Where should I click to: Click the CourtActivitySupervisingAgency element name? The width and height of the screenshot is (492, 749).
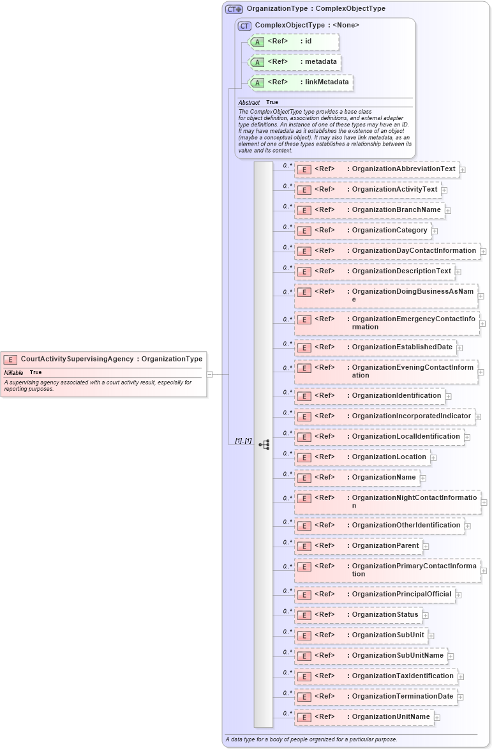(77, 359)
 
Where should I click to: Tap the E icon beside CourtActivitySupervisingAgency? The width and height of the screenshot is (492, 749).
(10, 359)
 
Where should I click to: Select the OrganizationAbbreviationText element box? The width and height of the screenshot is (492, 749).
(376, 169)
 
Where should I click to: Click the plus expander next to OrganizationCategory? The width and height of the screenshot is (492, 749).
(435, 231)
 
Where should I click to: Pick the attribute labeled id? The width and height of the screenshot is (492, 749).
(293, 42)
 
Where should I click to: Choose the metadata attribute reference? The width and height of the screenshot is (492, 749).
(294, 62)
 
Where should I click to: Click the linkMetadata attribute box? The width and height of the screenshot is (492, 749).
(300, 82)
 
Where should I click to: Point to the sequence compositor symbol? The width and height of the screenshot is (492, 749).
(264, 444)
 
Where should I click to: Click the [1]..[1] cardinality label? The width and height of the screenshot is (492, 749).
(243, 441)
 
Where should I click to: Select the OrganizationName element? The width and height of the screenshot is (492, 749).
(357, 478)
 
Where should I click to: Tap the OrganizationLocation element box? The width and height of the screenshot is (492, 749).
(362, 457)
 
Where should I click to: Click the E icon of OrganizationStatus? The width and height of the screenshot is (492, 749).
(305, 615)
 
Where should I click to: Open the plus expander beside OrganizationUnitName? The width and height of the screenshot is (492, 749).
(437, 718)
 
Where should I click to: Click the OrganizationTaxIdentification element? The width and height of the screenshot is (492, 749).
(376, 676)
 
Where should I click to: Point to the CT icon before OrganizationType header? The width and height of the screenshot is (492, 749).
(234, 10)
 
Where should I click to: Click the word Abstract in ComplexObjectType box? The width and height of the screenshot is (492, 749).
(249, 103)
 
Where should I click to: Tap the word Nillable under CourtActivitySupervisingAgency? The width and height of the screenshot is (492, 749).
(14, 372)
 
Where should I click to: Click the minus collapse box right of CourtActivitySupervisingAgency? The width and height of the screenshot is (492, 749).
(209, 374)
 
